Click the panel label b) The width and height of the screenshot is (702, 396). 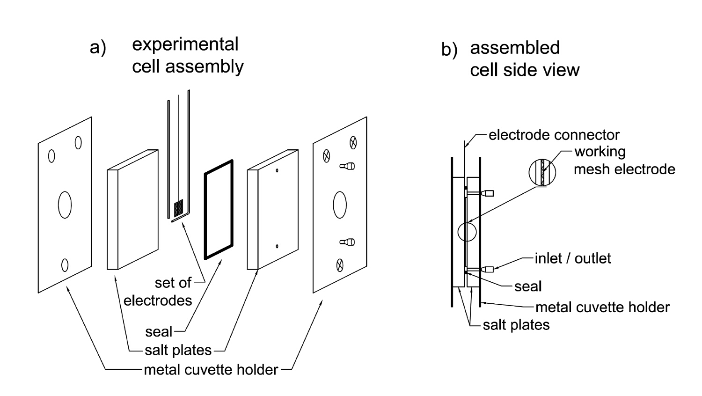click(449, 50)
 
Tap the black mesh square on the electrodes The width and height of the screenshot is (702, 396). click(178, 207)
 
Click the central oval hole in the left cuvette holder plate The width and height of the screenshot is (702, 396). click(65, 205)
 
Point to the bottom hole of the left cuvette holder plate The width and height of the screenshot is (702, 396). click(65, 265)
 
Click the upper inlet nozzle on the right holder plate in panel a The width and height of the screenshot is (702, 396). click(347, 166)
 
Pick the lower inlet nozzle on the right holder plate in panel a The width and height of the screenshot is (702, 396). click(347, 242)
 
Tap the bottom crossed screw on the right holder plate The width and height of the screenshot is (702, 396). click(340, 265)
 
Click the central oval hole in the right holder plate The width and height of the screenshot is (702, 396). click(340, 205)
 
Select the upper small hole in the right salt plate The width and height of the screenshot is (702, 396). click(277, 170)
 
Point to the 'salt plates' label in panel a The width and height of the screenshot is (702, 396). click(178, 350)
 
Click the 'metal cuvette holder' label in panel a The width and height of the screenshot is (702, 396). click(211, 370)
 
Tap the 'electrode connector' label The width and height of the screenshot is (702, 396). click(554, 135)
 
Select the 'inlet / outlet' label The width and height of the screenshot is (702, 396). click(572, 258)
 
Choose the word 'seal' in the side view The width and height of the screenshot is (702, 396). click(528, 286)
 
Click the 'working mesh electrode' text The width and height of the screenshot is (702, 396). click(624, 161)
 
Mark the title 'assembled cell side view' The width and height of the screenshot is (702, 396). click(525, 59)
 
